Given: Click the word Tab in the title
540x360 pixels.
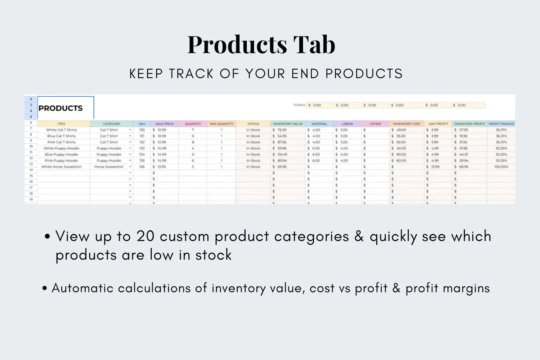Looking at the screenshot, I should click(x=314, y=45).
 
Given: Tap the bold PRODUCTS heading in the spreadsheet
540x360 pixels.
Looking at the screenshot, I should click(x=61, y=108).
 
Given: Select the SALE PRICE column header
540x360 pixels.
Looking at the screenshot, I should click(x=164, y=124).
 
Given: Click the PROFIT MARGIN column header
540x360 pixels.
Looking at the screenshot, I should click(x=501, y=124).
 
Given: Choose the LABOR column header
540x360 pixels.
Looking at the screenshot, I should click(x=347, y=124).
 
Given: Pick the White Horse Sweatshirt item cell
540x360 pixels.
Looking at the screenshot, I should click(x=61, y=167).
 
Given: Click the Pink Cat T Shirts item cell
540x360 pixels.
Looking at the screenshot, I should click(x=61, y=142).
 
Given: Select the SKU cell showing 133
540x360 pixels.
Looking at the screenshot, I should click(x=142, y=148).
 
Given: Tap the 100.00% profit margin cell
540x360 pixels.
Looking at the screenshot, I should click(x=501, y=167).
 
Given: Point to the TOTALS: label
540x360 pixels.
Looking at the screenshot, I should click(x=299, y=105).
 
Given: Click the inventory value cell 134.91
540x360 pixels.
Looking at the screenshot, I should click(x=282, y=154).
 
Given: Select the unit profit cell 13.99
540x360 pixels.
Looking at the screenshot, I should click(x=435, y=167).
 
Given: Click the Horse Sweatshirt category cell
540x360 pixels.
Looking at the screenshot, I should click(x=109, y=167).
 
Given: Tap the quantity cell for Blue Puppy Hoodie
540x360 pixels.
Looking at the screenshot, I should click(x=193, y=154).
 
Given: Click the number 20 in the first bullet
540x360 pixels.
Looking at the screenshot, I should click(x=145, y=236).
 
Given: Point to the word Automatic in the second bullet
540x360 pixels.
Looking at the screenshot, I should click(x=82, y=288).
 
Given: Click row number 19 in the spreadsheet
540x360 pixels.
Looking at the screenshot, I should click(x=31, y=199).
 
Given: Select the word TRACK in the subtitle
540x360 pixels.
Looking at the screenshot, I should click(x=191, y=74).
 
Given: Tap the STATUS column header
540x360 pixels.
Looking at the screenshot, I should click(x=253, y=124).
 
